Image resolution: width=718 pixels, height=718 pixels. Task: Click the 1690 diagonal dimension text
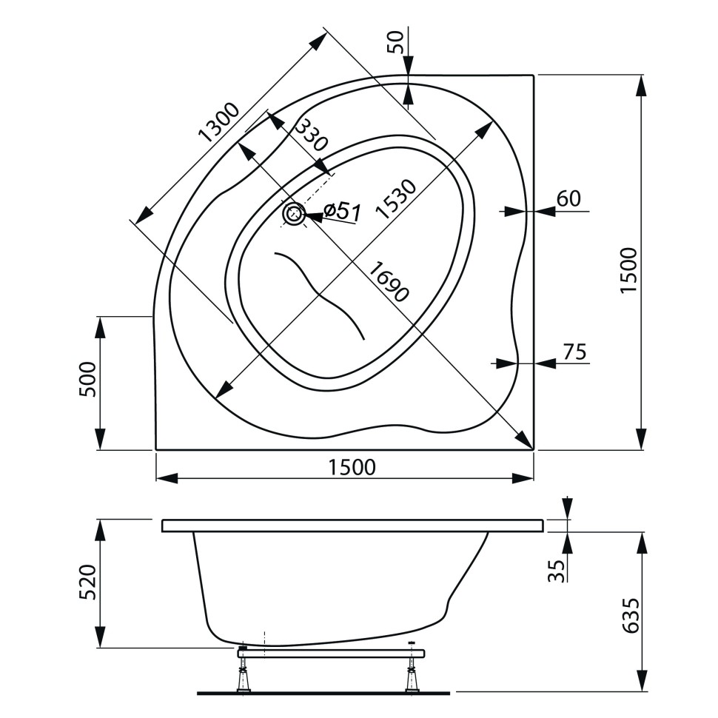point(387,281)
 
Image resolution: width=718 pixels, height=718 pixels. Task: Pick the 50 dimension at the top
point(397,43)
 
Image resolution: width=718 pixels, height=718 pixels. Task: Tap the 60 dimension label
point(568,198)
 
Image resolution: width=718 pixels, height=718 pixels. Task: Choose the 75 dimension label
point(574,352)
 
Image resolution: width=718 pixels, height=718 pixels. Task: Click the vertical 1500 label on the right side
point(628,270)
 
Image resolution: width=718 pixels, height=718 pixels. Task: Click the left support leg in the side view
point(242,674)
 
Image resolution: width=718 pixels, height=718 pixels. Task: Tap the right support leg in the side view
point(412,674)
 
